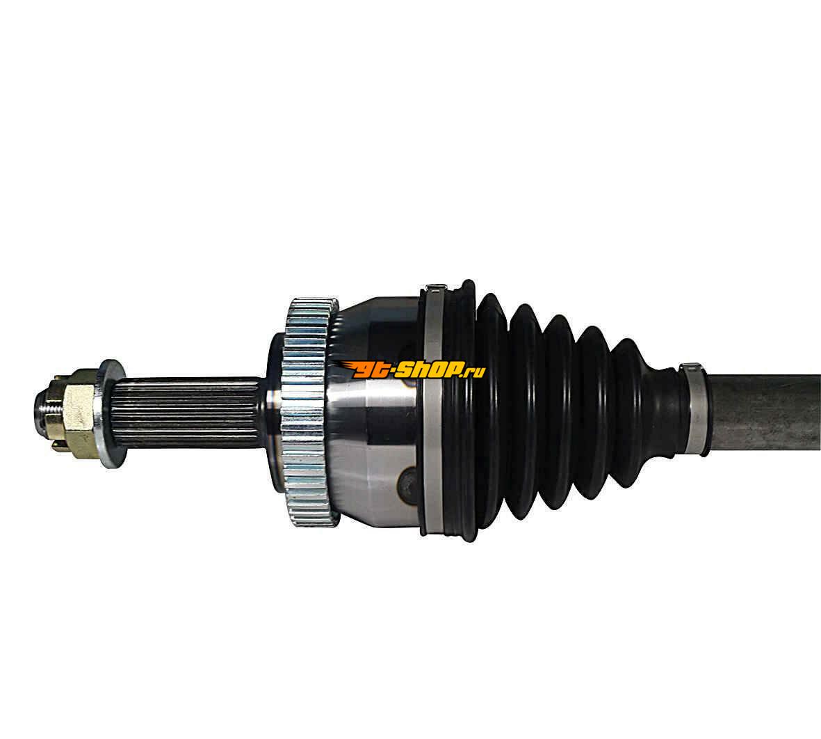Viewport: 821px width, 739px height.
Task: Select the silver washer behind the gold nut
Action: coord(111,413)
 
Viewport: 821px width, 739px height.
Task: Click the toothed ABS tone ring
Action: coord(308,411)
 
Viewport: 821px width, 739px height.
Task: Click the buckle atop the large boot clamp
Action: coord(434,287)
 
